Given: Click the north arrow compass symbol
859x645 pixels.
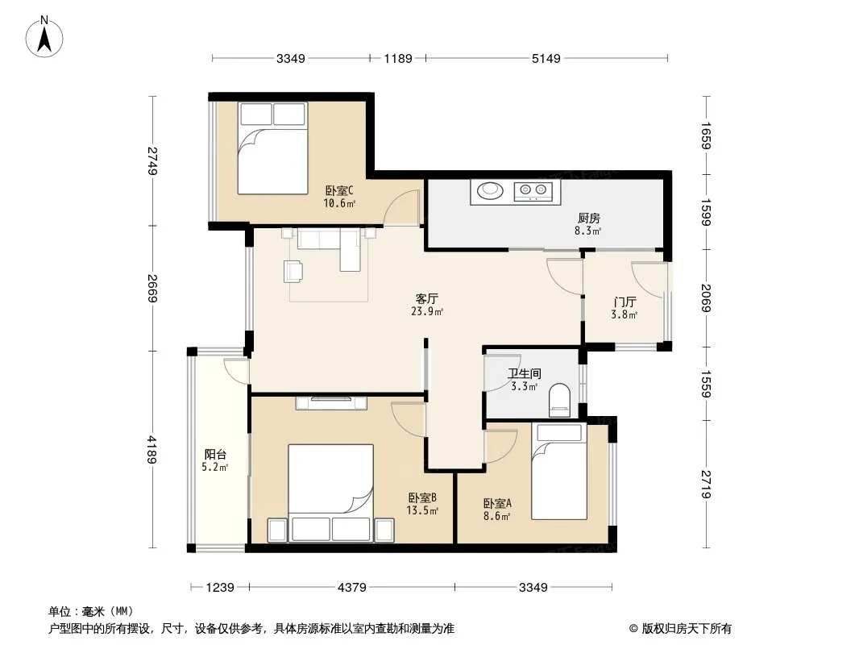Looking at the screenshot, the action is click(x=44, y=37).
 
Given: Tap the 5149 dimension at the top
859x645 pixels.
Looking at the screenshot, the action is click(x=546, y=58).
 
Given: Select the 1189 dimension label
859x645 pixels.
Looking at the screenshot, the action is click(x=398, y=58).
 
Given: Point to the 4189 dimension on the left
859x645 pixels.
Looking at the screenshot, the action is click(x=151, y=449).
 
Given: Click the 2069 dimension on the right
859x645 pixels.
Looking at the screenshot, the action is click(x=706, y=298).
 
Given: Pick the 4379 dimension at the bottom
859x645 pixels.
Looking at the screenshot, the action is click(x=351, y=588).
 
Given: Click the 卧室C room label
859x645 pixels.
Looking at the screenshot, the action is click(x=339, y=191).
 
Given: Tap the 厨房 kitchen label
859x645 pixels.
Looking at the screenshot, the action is click(x=588, y=218).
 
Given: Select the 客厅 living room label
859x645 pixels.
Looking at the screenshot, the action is click(x=426, y=298).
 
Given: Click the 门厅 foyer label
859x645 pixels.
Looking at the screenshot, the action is click(x=625, y=302).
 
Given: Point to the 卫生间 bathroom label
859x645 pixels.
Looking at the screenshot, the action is click(x=525, y=374).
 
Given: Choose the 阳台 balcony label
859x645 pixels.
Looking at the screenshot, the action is click(x=215, y=454).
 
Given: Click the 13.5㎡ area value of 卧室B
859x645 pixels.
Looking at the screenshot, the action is click(x=421, y=510).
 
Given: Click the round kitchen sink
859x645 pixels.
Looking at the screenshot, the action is click(x=490, y=191).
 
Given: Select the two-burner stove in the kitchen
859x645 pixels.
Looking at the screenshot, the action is click(x=533, y=191).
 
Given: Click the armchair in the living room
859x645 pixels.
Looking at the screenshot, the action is click(x=293, y=271).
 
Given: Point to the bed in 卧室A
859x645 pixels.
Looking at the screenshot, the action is click(x=558, y=472).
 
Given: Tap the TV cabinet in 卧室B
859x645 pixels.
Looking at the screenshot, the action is click(x=331, y=403).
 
